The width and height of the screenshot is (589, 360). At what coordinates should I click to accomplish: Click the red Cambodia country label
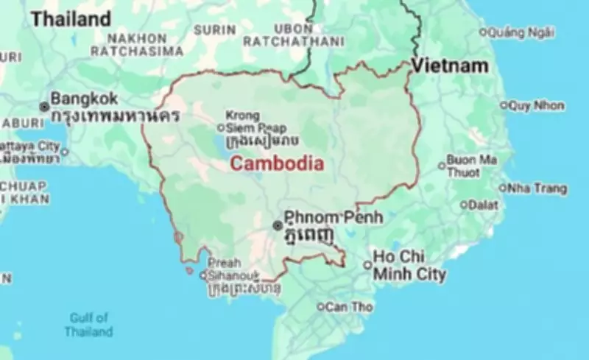[x=276, y=164]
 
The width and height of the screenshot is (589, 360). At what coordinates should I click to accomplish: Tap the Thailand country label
[x=71, y=19]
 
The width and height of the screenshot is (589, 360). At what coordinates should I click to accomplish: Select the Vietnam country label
[x=450, y=66]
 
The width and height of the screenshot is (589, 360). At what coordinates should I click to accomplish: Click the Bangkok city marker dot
[x=44, y=107]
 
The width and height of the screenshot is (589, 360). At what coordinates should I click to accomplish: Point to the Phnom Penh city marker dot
[x=277, y=225]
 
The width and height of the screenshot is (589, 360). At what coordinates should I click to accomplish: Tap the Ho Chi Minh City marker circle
[x=367, y=265]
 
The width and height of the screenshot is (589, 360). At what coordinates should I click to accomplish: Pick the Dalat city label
[x=483, y=205]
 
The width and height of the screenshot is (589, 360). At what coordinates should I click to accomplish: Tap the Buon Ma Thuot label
[x=471, y=166]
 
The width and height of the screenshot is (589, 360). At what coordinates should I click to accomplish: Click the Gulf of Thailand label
[x=88, y=325]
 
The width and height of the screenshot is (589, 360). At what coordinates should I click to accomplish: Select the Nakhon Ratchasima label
[x=137, y=44]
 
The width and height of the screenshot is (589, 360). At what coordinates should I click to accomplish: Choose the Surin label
[x=215, y=30]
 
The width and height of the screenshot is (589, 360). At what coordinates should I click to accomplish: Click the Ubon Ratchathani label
[x=292, y=35]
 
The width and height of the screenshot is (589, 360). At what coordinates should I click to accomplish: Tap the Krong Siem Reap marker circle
[x=220, y=127]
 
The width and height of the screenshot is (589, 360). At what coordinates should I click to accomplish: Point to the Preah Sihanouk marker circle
[x=202, y=276]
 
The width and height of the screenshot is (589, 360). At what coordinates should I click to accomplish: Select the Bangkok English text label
[x=85, y=99]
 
